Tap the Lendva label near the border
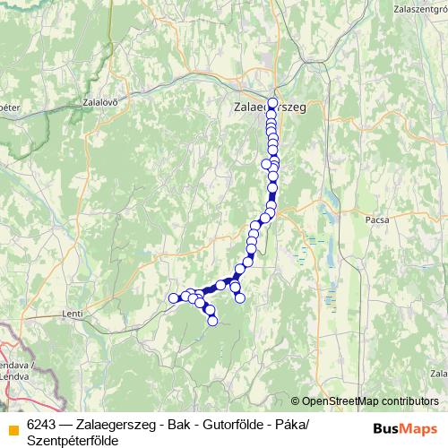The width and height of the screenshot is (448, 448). [x=18, y=375]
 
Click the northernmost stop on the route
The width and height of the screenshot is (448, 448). [x=272, y=103]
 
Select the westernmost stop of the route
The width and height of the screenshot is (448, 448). [x=173, y=297]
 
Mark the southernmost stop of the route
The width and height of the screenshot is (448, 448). [x=212, y=320]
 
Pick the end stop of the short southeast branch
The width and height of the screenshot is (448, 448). [x=239, y=297]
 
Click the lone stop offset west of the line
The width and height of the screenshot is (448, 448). [x=265, y=164]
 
